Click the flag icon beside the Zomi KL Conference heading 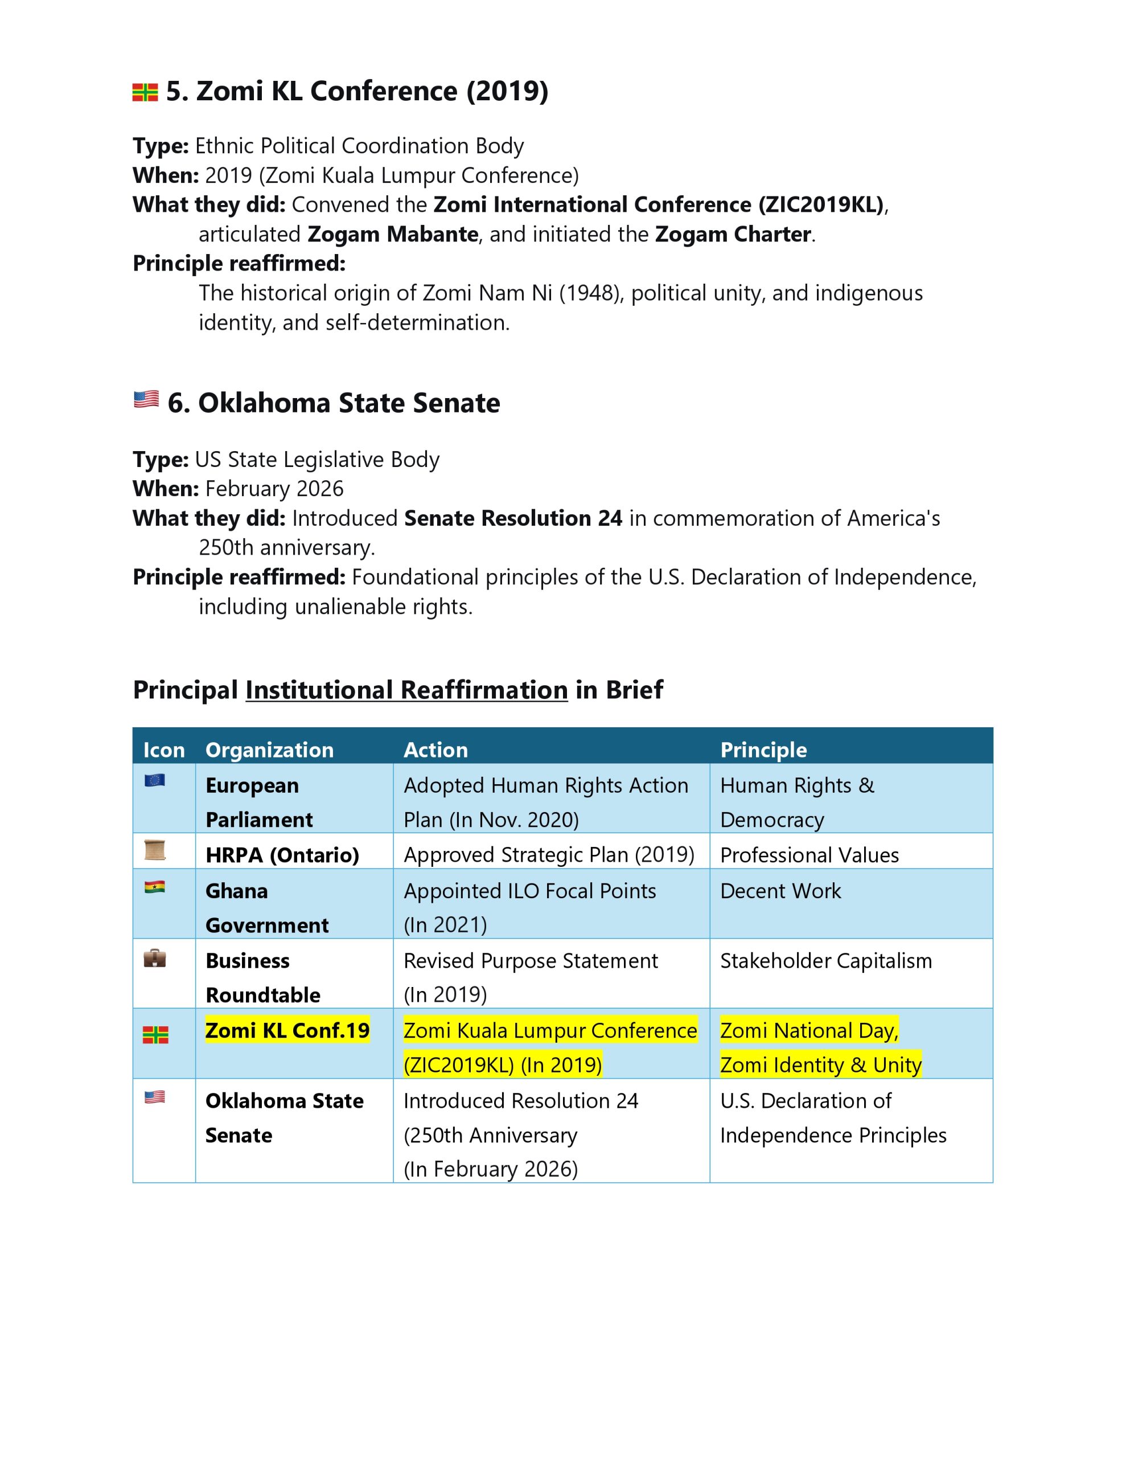coord(145,92)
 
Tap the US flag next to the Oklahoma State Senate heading coord(146,399)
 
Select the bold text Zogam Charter coord(732,234)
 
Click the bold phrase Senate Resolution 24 coord(512,518)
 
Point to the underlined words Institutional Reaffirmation coord(406,690)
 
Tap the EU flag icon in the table coord(154,780)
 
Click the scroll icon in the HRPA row coord(154,850)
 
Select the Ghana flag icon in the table coord(154,887)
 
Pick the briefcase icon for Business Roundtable coord(154,959)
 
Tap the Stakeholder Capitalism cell coord(825,961)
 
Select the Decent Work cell coord(780,891)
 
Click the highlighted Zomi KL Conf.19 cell coord(287,1030)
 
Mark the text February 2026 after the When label coord(274,489)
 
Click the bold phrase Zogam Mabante coord(392,234)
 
